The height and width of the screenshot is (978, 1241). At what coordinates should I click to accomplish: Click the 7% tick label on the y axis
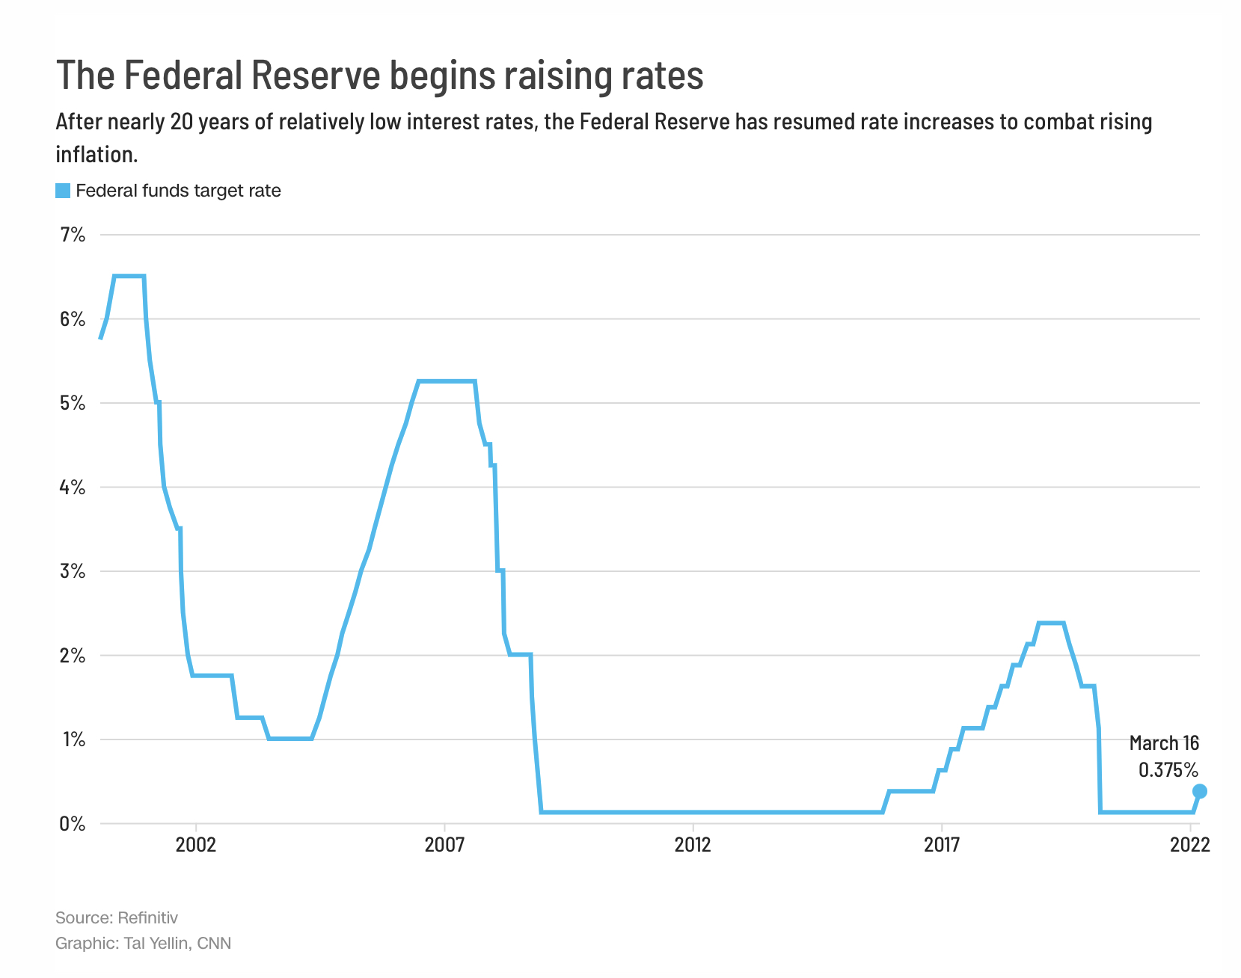click(x=73, y=236)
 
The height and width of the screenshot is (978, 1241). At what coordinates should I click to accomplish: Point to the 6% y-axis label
click(x=73, y=319)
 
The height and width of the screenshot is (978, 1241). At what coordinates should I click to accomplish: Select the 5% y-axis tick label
click(x=73, y=404)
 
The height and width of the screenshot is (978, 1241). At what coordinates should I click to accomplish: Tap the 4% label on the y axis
click(x=73, y=488)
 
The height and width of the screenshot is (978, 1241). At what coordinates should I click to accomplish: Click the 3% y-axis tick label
click(x=73, y=571)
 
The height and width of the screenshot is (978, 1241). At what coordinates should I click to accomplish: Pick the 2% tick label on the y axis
click(x=73, y=656)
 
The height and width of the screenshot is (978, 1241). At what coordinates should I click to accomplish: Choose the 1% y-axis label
click(x=73, y=739)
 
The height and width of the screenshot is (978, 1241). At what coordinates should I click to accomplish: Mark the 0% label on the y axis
click(x=73, y=824)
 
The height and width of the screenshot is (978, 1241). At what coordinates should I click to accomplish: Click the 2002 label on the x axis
click(x=195, y=845)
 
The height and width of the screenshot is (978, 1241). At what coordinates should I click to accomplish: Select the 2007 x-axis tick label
click(x=444, y=845)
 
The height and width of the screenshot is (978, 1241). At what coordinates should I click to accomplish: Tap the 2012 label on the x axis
click(x=693, y=845)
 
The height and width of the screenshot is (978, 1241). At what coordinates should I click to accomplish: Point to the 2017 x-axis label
click(x=942, y=845)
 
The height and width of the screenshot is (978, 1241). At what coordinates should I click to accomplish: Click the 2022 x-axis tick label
click(x=1189, y=845)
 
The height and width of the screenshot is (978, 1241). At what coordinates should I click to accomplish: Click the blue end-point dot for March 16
click(x=1199, y=791)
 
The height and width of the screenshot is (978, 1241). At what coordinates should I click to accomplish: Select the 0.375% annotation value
click(x=1168, y=769)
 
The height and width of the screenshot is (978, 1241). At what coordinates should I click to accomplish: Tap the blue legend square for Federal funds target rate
click(x=63, y=191)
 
